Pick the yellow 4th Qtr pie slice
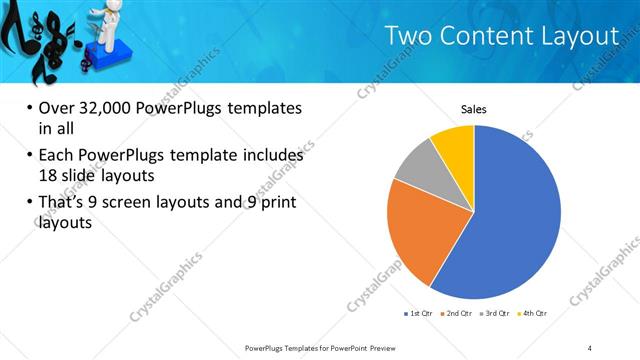coord(455,142)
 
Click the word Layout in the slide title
coord(580,36)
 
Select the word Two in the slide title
coord(412,36)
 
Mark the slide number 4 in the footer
coord(590,347)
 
